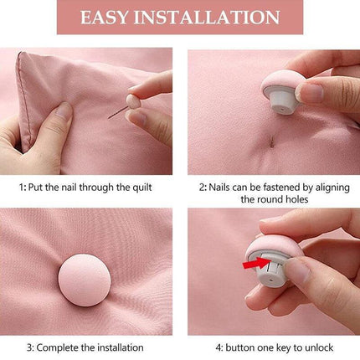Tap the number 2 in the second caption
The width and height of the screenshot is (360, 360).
[202, 188]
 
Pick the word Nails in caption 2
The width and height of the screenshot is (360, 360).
[224, 188]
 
